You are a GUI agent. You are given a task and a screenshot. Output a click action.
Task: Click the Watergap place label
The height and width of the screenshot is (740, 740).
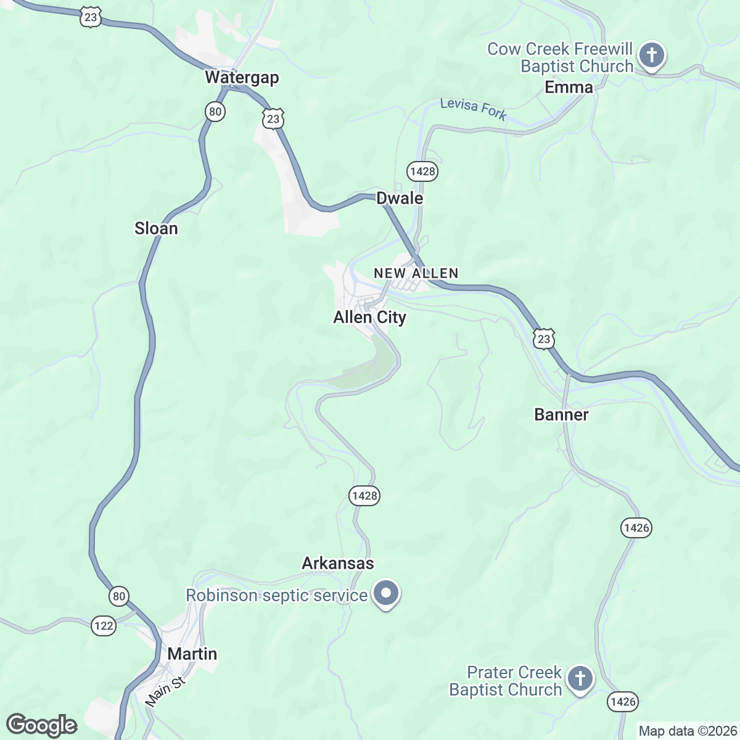coord(242,78)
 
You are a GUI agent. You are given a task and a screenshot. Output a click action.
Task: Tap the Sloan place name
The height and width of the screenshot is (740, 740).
coord(156,229)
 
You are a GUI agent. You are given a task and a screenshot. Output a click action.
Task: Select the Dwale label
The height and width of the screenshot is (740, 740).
coord(400,199)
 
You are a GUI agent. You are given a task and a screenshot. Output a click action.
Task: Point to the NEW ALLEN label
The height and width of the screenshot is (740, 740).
coord(416,273)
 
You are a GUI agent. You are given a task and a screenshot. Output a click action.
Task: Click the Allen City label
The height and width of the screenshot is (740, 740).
coord(369,318)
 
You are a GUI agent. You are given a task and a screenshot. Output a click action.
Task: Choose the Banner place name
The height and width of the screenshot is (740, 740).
coord(561,415)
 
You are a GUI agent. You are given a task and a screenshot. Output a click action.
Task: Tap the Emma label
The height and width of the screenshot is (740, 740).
coord(569,88)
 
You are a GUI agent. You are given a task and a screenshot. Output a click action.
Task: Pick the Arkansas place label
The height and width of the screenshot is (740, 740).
coord(338,564)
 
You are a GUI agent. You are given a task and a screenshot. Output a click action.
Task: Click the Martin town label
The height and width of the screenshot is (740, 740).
coord(192,654)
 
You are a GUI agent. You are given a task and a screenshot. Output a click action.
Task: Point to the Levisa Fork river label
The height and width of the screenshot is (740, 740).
coord(473,109)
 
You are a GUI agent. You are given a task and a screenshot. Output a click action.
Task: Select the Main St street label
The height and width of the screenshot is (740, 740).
coord(165,693)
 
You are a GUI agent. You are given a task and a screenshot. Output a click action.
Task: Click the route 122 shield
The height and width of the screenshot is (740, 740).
coord(104,626)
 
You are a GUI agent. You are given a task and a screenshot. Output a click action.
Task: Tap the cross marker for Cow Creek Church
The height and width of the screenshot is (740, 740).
coord(651,55)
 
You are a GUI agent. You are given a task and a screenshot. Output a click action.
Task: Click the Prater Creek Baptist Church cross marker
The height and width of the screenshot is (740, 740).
coord(580,678)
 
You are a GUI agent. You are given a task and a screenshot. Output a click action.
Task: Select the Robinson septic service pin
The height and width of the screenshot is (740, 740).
coord(386,594)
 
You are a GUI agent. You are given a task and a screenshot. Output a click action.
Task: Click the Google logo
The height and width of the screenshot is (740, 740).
coord(42,726)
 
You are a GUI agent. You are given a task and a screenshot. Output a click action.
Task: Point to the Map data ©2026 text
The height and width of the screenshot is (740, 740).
coord(687,731)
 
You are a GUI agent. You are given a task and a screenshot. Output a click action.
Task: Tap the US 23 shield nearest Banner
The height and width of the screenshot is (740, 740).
coord(543,339)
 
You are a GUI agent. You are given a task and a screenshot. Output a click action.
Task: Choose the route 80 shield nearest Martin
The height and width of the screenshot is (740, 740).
coord(119,596)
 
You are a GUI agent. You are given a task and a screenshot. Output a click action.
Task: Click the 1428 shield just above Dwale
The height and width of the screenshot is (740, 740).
coord(422,171)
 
